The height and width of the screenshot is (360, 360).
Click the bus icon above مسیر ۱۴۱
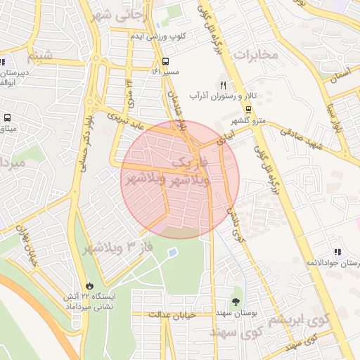tap(166, 60)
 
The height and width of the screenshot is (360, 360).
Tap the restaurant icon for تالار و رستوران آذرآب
tap(223, 84)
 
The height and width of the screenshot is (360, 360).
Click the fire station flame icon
tap(89, 285)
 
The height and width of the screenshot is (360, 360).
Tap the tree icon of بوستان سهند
tap(236, 292)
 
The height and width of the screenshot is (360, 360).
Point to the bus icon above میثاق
tap(8, 118)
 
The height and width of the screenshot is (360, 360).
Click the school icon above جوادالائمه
tap(338, 252)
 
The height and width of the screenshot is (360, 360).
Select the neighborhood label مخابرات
tap(257, 54)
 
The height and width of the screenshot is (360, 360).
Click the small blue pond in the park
tap(172, 251)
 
